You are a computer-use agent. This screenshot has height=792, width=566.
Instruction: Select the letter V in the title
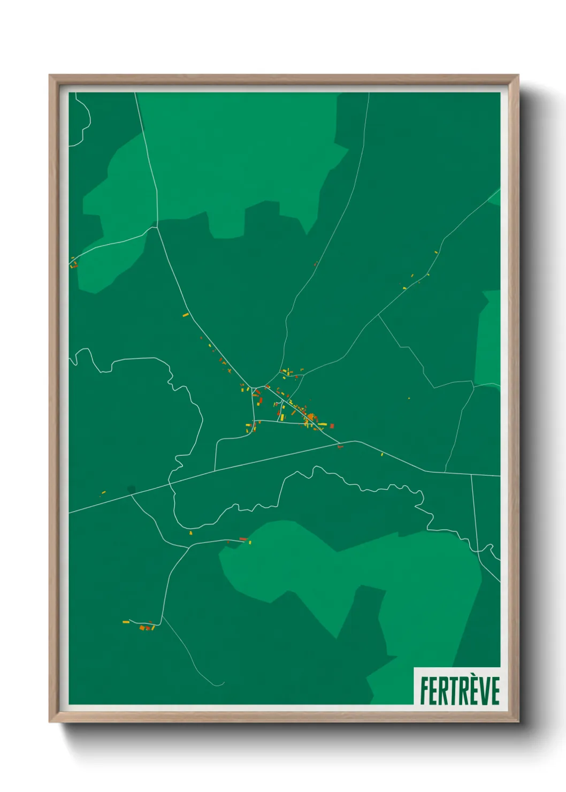coord(483,691)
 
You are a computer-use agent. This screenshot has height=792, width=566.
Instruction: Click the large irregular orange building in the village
coord(311,416)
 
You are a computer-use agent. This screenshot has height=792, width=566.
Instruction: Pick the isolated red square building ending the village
coord(332,426)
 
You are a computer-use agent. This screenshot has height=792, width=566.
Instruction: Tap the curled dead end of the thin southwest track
coord(221,684)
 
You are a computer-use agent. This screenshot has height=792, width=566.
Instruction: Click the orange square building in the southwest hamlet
coord(142,628)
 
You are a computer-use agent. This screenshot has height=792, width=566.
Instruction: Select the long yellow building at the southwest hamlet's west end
coord(126,622)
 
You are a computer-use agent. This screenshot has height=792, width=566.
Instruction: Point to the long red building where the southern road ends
coord(243,539)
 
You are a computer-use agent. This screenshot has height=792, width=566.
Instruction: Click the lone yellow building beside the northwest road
coord(186,315)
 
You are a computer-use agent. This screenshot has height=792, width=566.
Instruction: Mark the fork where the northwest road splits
coord(156,227)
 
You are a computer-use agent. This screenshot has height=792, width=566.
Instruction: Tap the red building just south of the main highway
coord(340,447)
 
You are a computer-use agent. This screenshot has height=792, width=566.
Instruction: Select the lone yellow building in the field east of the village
coord(409,398)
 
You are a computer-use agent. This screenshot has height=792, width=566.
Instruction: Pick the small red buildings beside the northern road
coord(316,263)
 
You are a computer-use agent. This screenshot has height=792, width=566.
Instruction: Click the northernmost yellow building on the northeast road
coord(436,252)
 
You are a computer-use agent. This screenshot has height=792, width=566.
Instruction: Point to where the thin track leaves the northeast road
coord(379,315)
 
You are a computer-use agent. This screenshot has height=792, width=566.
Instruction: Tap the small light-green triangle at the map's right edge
coord(495,197)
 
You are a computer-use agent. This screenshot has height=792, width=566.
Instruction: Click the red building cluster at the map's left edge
coord(74,263)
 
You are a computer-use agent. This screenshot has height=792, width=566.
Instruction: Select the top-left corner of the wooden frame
coord(50,75)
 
